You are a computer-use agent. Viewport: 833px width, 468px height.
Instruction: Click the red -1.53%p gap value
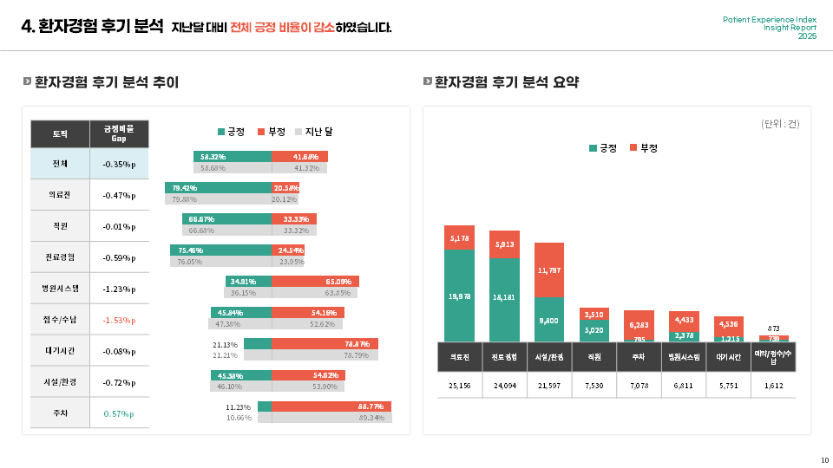click(x=119, y=320)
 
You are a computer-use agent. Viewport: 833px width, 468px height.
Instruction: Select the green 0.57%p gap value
click(x=119, y=413)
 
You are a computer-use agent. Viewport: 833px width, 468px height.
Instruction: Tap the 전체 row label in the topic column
click(x=60, y=164)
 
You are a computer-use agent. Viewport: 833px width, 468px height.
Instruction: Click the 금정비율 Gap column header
click(x=119, y=133)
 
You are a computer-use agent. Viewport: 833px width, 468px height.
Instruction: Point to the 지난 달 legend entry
click(x=314, y=132)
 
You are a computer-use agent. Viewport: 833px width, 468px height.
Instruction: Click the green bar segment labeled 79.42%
click(x=219, y=187)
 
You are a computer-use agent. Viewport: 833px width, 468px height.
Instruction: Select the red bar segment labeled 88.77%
click(x=331, y=406)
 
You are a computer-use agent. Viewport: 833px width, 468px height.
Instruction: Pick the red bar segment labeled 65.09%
click(x=315, y=282)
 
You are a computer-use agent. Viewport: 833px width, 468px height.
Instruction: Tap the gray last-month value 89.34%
click(x=371, y=418)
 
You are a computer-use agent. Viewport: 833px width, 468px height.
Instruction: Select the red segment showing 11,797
click(x=548, y=270)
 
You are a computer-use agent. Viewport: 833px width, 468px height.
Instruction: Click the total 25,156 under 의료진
click(x=460, y=385)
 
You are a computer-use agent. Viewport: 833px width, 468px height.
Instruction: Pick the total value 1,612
click(x=773, y=385)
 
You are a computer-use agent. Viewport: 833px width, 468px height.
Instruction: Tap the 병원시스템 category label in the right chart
click(x=684, y=356)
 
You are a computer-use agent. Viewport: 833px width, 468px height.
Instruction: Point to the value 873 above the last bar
click(x=773, y=328)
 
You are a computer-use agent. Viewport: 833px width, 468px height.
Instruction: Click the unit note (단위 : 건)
click(x=780, y=124)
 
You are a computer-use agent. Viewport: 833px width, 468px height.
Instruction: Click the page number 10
click(x=823, y=459)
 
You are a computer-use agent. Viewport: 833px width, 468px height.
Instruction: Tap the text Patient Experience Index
click(x=770, y=19)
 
